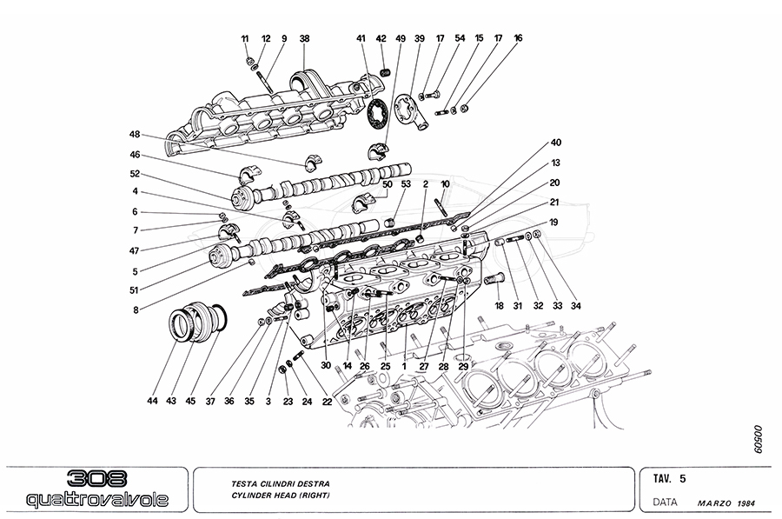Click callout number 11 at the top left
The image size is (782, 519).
point(245,39)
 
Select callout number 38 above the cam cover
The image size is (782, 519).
point(304,39)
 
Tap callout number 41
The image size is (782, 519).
point(361,39)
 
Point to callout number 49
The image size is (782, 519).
point(401,39)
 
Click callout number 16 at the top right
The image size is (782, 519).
point(519,39)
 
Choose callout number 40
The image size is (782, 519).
point(556,143)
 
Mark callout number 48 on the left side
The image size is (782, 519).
point(135,134)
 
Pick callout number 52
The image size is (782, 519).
point(135,174)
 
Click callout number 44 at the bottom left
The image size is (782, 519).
point(153,401)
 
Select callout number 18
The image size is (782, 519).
point(499,306)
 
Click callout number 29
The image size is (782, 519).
point(464,367)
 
